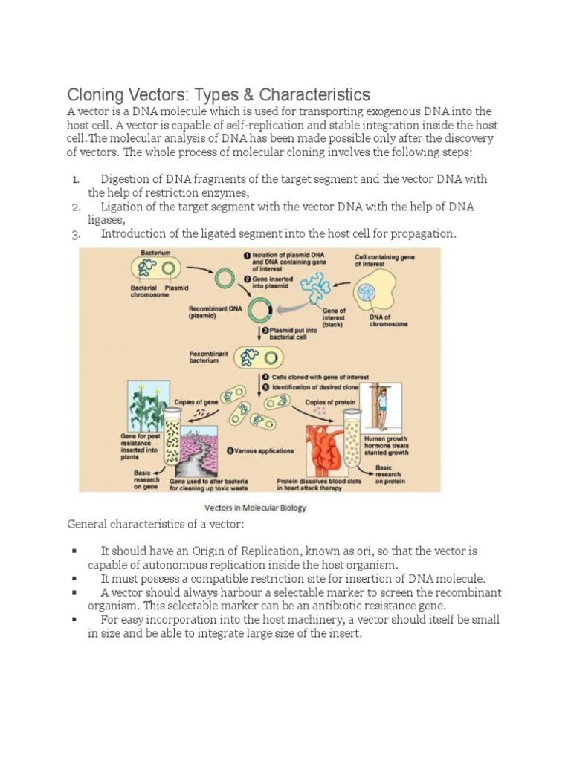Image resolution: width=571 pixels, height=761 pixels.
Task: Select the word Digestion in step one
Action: tap(127, 180)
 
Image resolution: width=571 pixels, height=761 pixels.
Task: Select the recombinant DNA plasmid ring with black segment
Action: tap(259, 310)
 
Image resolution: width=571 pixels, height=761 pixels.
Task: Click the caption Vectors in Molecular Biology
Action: tap(255, 508)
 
